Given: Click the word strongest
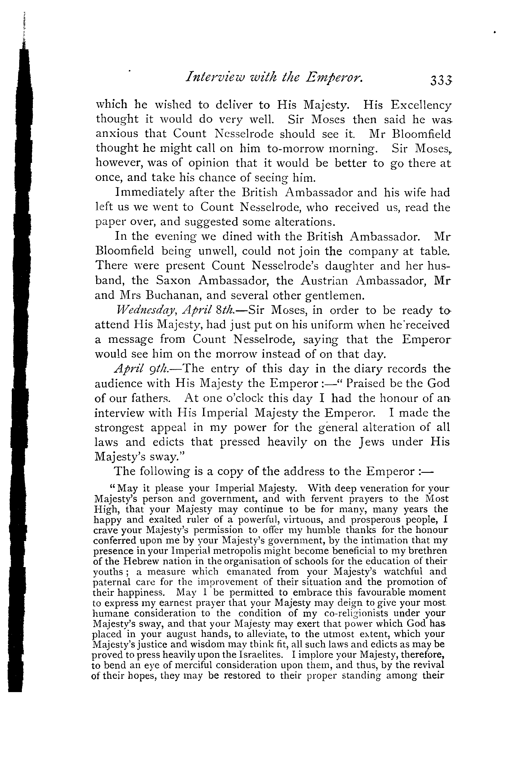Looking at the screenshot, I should click(119, 427).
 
